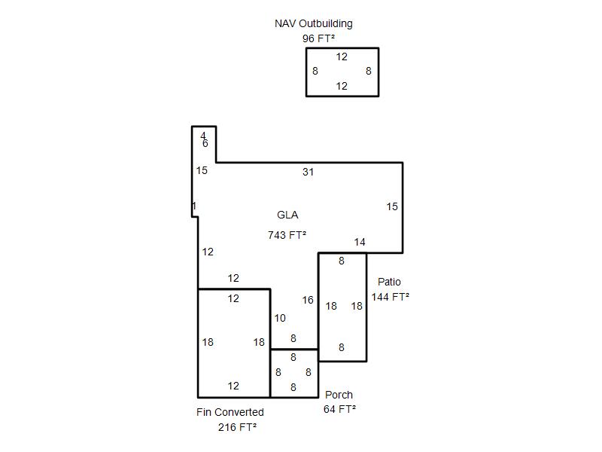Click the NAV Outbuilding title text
(x=313, y=23)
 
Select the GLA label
(x=287, y=215)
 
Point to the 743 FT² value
(x=287, y=235)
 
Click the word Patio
(x=389, y=282)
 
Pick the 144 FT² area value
(x=390, y=297)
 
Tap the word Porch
(x=339, y=395)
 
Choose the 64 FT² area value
(x=339, y=409)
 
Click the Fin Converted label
(x=230, y=412)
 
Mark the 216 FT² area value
(x=237, y=427)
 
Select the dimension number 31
(x=308, y=172)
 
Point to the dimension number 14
(x=360, y=242)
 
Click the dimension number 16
(x=308, y=300)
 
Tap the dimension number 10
(x=280, y=318)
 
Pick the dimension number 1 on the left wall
(x=194, y=206)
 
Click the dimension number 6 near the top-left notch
(x=205, y=143)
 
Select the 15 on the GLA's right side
(x=392, y=206)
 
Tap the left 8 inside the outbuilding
(x=315, y=72)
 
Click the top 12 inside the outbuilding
(x=342, y=56)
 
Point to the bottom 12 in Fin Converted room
(x=233, y=386)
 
